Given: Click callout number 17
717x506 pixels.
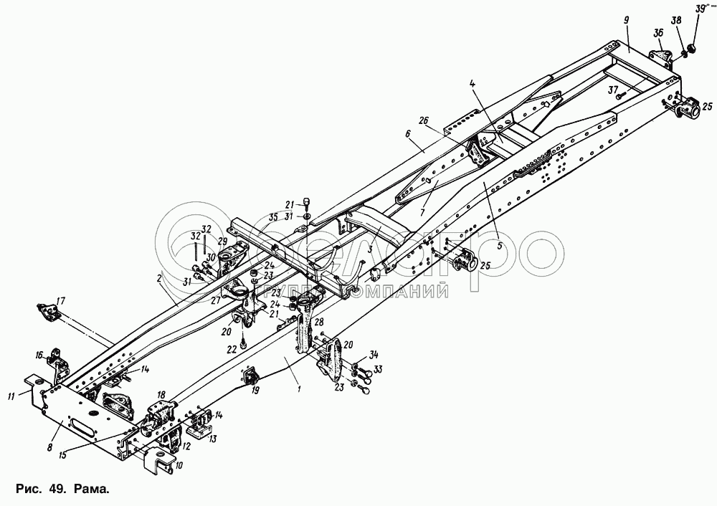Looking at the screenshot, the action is coord(61,300).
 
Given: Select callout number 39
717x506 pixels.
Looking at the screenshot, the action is coord(700,8).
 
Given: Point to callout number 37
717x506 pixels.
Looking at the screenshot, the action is coord(612,90).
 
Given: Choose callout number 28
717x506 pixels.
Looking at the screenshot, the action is coord(319,323).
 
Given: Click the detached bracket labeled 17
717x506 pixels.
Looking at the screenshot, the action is coord(48,312).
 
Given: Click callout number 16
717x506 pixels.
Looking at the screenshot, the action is coord(40,353).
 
